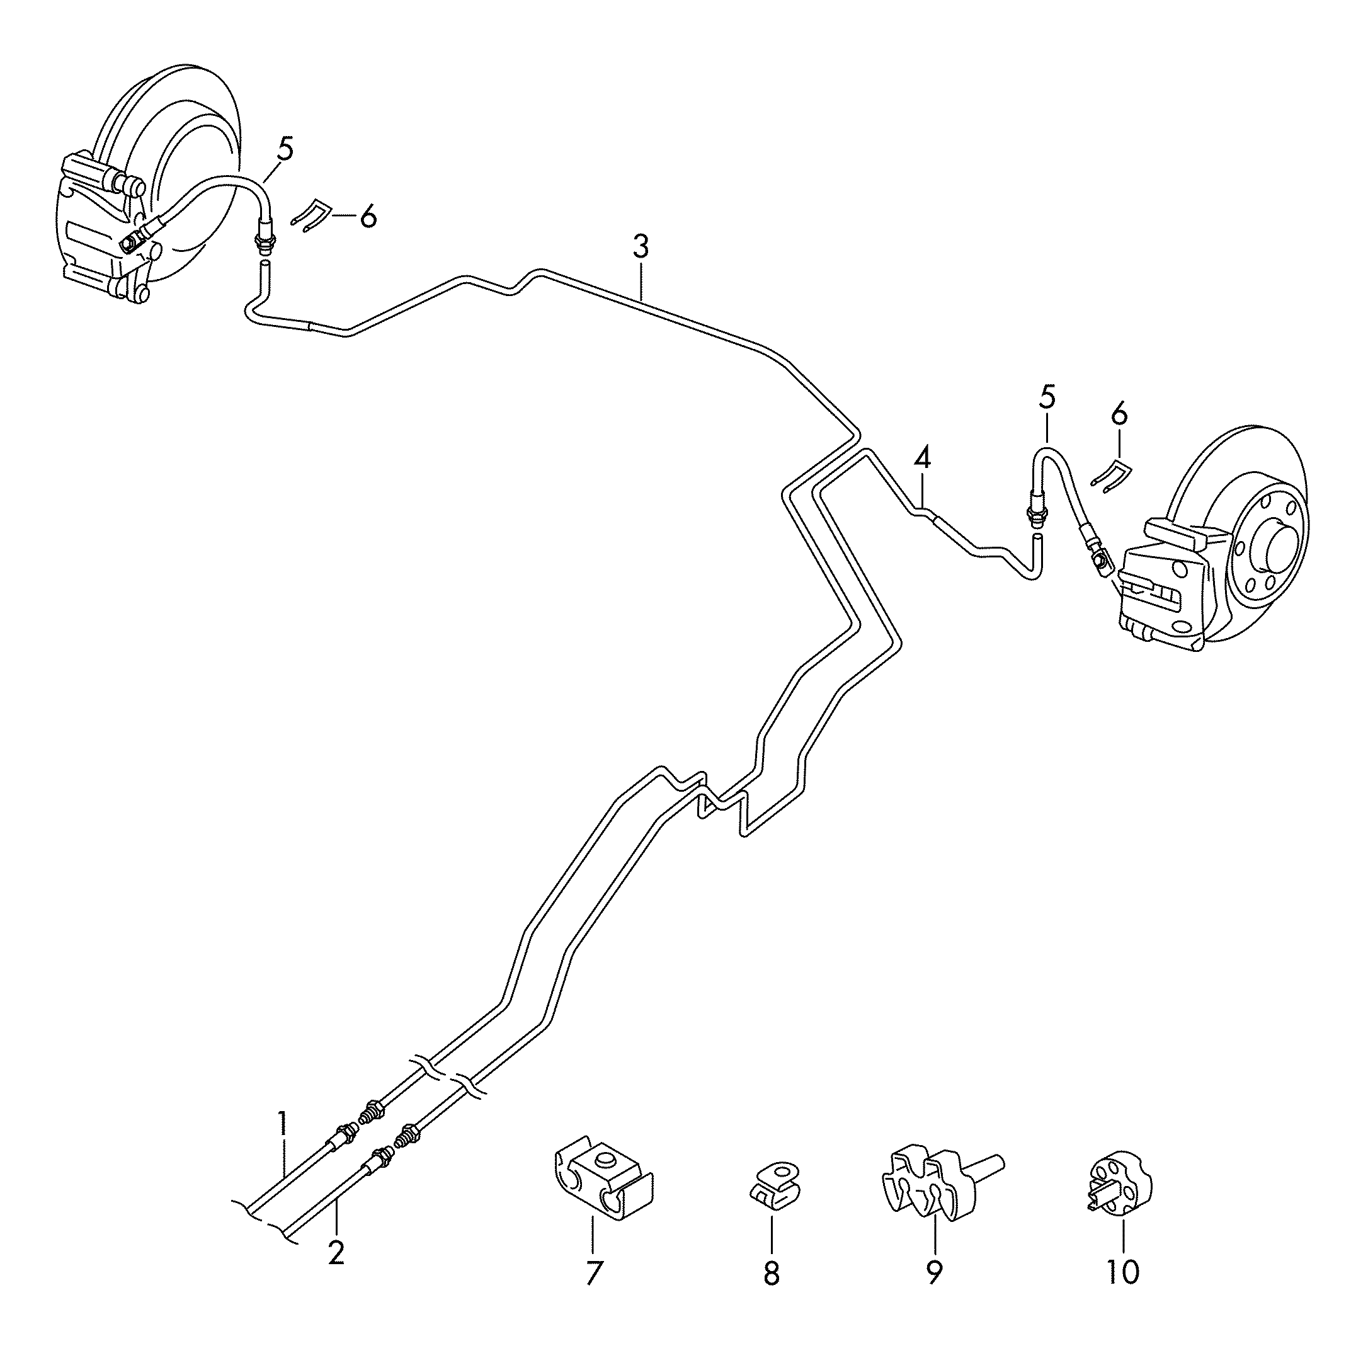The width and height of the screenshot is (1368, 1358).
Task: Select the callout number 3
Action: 640,248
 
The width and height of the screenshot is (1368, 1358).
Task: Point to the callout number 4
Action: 922,458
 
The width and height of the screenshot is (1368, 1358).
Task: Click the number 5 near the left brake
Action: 285,150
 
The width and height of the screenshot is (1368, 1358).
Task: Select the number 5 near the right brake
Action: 1047,397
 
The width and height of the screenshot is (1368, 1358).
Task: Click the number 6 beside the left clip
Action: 367,216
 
